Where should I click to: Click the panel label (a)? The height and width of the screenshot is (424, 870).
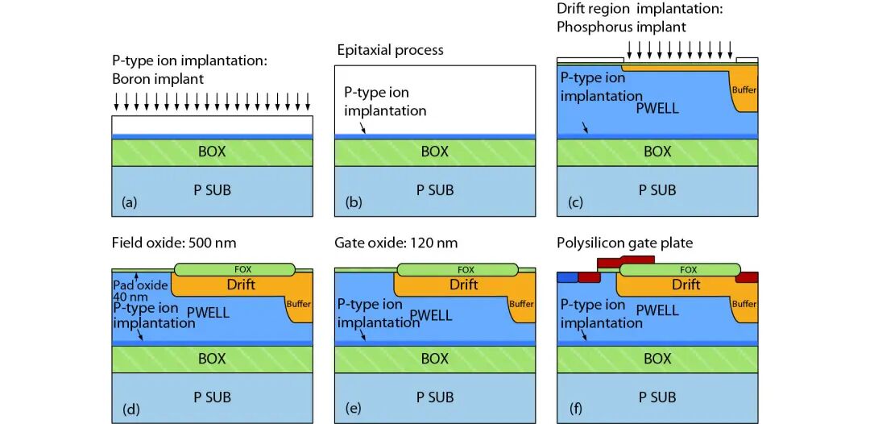[129, 203]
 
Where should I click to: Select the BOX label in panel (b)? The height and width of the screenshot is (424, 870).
[434, 152]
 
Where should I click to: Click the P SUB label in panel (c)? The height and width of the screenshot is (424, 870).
[657, 190]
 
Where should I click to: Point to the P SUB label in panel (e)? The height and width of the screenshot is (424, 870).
[434, 397]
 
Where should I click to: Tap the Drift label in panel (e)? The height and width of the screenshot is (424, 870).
[463, 285]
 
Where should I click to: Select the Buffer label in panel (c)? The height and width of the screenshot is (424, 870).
[744, 89]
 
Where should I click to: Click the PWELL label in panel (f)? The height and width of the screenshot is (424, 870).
[657, 309]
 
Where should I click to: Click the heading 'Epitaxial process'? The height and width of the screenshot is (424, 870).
[390, 50]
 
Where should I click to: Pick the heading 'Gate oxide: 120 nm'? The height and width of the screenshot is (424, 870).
[393, 242]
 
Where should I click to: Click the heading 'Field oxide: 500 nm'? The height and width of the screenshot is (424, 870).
[172, 242]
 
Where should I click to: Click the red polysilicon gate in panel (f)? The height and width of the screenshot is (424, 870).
[624, 261]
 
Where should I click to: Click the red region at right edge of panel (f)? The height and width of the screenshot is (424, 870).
[747, 277]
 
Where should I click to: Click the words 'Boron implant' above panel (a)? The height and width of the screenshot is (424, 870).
[159, 79]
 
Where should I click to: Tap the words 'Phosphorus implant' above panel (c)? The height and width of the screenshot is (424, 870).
[621, 27]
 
